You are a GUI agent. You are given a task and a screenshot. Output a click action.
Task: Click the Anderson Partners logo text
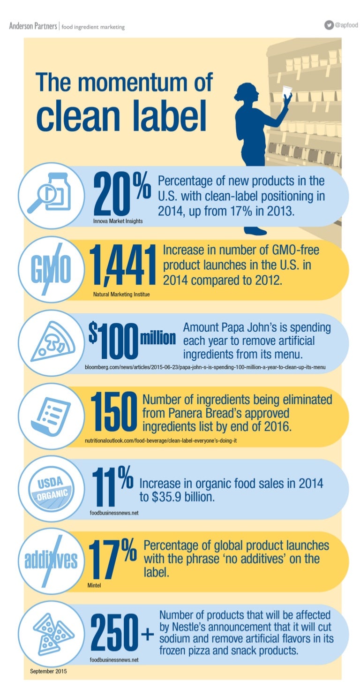[33, 26]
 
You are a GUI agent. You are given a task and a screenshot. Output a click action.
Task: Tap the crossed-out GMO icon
[51, 268]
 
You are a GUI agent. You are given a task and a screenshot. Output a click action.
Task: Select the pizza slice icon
[51, 341]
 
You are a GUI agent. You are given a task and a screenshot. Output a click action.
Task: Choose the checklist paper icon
[51, 415]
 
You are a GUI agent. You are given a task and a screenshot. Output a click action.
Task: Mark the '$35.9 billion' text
[187, 496]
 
